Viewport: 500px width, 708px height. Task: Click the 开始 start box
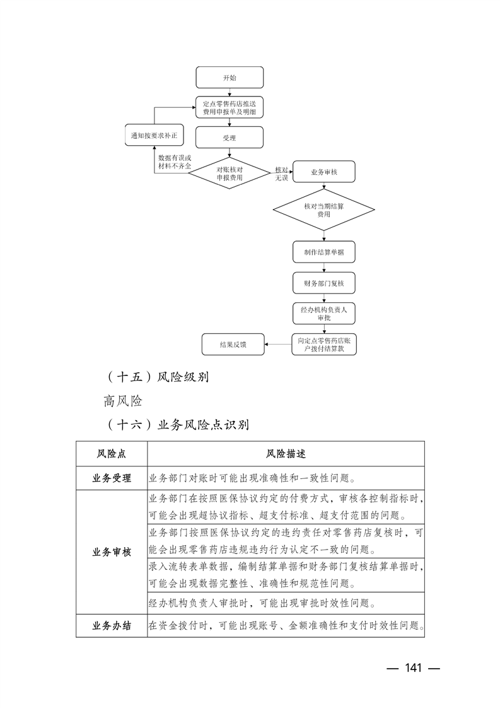(x=229, y=77)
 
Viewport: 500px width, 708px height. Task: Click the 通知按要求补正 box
(x=154, y=136)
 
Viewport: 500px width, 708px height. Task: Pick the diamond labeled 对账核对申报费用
(x=230, y=174)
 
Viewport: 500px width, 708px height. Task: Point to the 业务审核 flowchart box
(x=324, y=172)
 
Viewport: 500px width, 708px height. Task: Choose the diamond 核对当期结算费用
(x=323, y=210)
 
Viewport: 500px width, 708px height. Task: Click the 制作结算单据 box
(x=323, y=252)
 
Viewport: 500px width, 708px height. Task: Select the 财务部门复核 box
(x=323, y=282)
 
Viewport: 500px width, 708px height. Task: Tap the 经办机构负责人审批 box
(x=323, y=314)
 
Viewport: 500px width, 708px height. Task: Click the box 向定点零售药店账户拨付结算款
(x=323, y=344)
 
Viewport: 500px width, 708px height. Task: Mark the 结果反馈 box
(x=232, y=345)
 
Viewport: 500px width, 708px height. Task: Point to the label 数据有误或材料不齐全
(x=174, y=161)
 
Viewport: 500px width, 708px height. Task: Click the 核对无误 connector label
(x=281, y=174)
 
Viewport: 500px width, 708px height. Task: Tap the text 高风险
(x=124, y=401)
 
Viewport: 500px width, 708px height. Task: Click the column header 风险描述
(x=286, y=454)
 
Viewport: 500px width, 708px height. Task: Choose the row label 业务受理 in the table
(x=112, y=478)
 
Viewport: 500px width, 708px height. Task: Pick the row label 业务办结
(x=112, y=626)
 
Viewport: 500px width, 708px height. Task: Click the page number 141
(x=412, y=668)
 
